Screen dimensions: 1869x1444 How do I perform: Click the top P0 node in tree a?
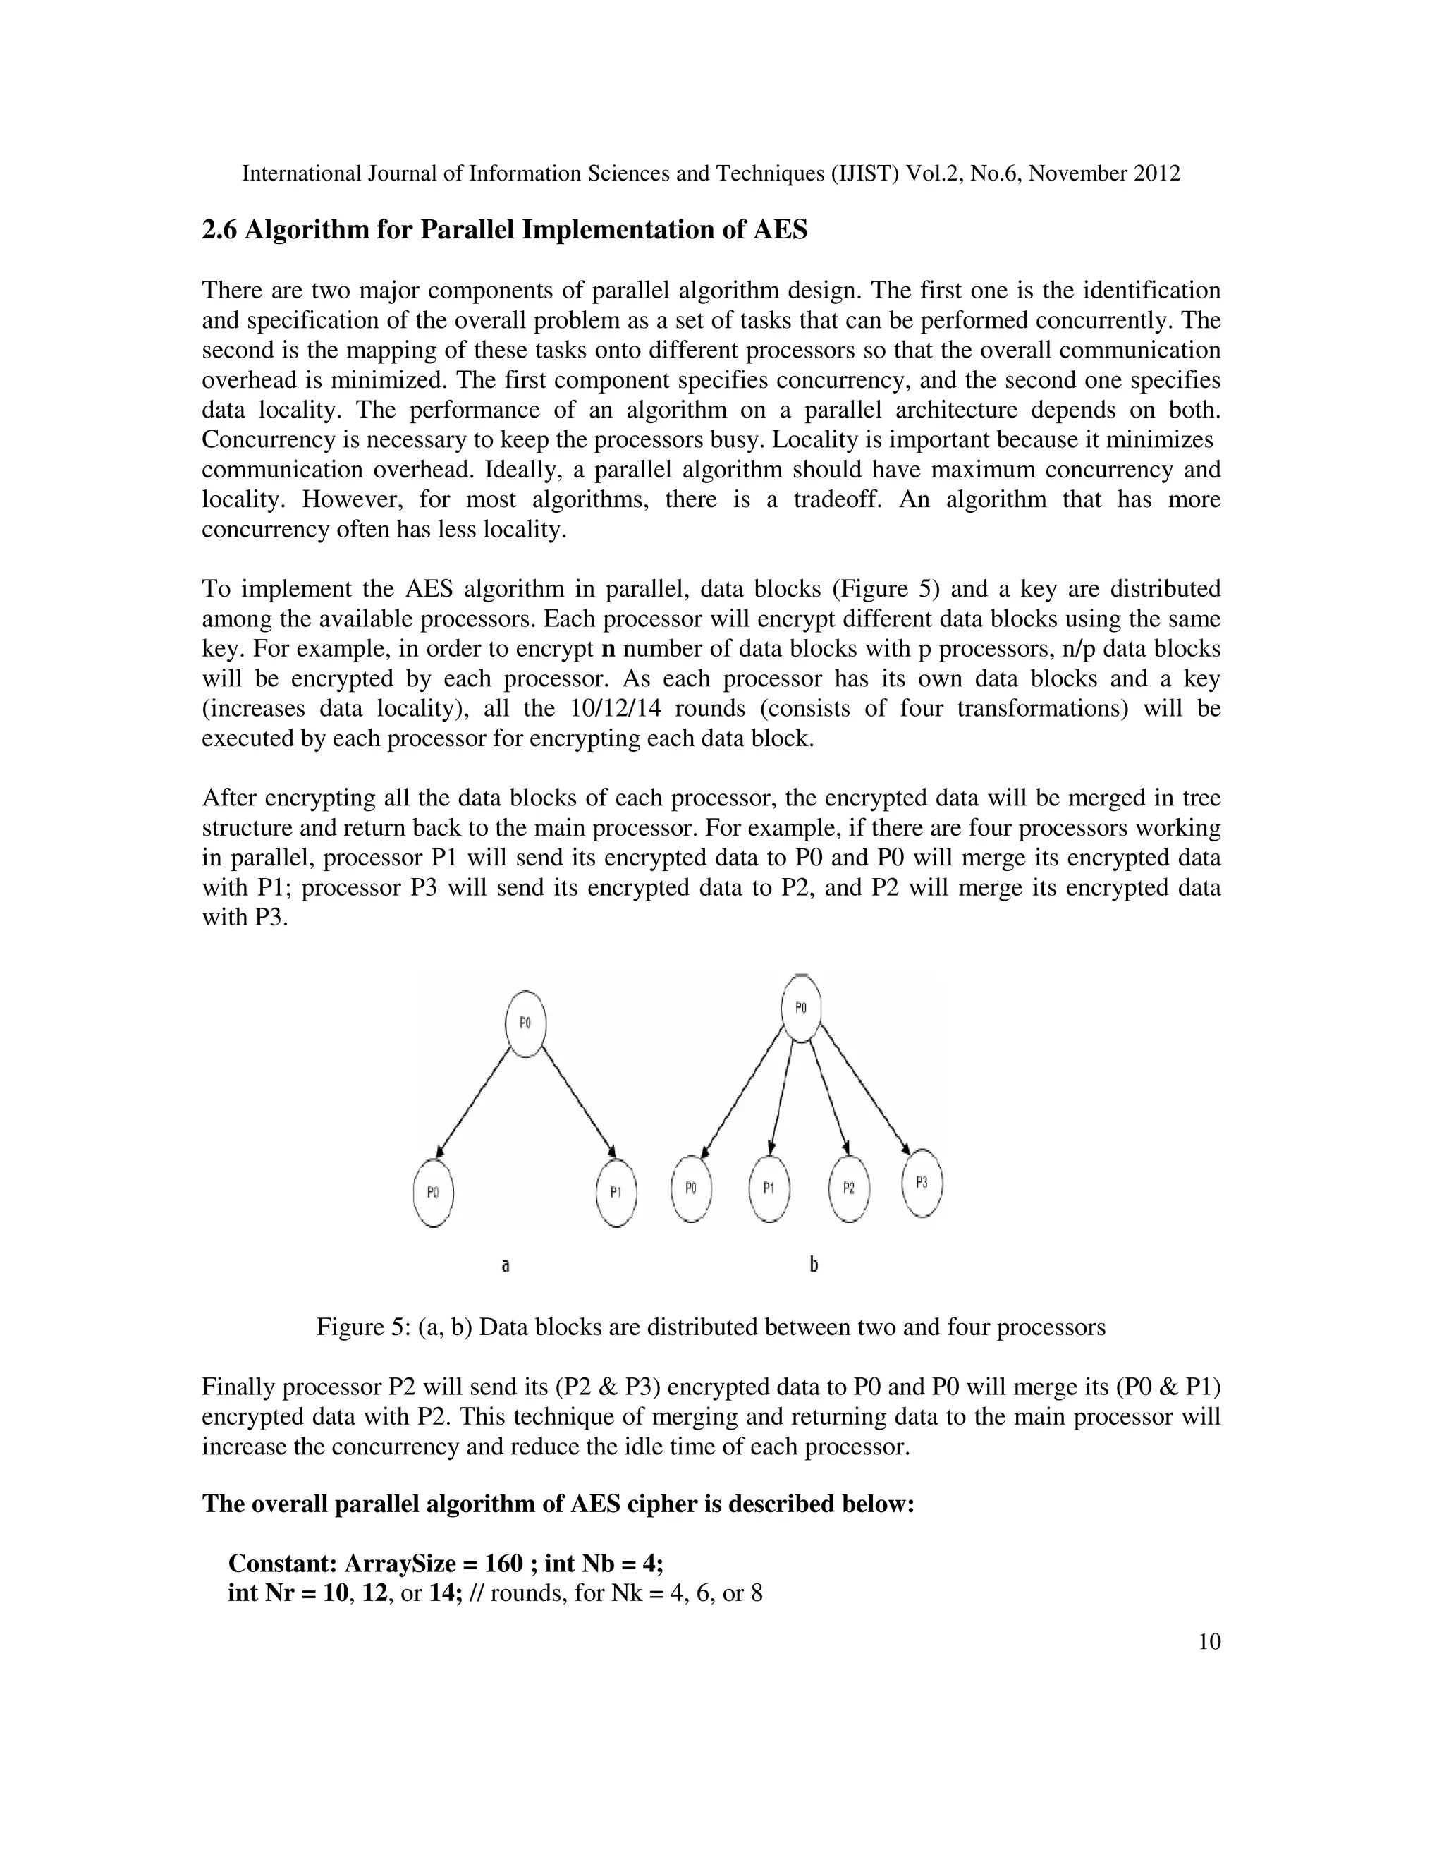pos(525,1023)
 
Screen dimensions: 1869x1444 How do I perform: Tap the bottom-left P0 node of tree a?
pos(433,1192)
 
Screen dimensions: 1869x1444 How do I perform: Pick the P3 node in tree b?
pos(922,1183)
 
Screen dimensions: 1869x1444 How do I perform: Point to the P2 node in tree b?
pos(849,1188)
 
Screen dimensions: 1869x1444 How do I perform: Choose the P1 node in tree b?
pos(769,1188)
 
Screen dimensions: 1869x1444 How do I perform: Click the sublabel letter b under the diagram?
pos(814,1264)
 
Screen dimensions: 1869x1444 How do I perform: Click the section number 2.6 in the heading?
pos(220,230)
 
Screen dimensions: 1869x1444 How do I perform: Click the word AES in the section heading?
pos(779,230)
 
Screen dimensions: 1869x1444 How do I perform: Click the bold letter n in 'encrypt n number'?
pos(609,649)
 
